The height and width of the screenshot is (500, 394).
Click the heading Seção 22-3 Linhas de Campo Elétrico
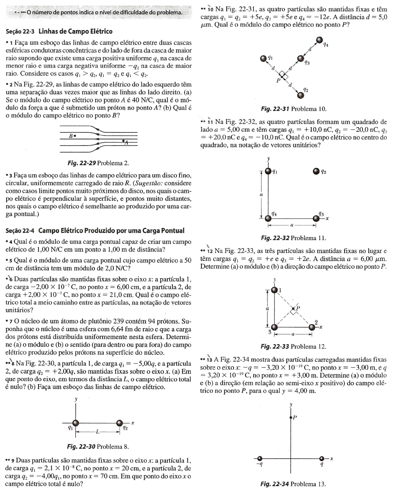click(x=59, y=32)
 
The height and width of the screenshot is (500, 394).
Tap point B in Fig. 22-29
click(x=75, y=136)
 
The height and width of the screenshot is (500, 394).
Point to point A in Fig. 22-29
click(x=123, y=140)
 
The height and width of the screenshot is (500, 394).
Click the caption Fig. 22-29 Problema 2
click(x=96, y=163)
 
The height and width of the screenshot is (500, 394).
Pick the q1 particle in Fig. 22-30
click(x=75, y=423)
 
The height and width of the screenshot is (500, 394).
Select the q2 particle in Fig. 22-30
click(x=120, y=423)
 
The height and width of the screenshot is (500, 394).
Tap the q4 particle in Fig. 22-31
click(x=320, y=40)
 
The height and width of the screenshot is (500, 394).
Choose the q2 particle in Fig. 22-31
click(x=301, y=95)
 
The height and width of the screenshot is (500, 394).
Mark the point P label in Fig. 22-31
click(x=278, y=80)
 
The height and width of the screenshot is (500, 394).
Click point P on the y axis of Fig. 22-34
click(x=291, y=418)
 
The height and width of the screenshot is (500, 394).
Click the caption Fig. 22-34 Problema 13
click(x=293, y=484)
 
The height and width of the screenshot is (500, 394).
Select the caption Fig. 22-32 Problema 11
click(x=293, y=238)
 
